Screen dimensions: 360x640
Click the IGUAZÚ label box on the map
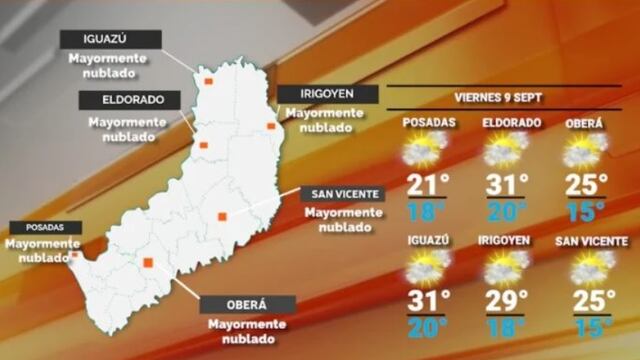[x=110, y=39]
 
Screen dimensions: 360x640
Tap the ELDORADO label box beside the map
[x=133, y=100]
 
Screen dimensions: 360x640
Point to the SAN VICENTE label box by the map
[x=342, y=194]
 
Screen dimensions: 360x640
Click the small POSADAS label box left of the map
[x=35, y=227]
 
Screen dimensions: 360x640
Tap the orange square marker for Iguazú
[x=208, y=81]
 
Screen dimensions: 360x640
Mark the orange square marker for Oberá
[x=148, y=263]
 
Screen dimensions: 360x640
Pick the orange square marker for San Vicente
[x=222, y=214]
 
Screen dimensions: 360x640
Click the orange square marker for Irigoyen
[x=270, y=126]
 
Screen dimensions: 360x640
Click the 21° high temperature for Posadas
[x=426, y=184]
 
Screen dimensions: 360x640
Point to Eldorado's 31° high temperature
[x=508, y=184]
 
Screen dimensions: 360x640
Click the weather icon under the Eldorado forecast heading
[x=507, y=150]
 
